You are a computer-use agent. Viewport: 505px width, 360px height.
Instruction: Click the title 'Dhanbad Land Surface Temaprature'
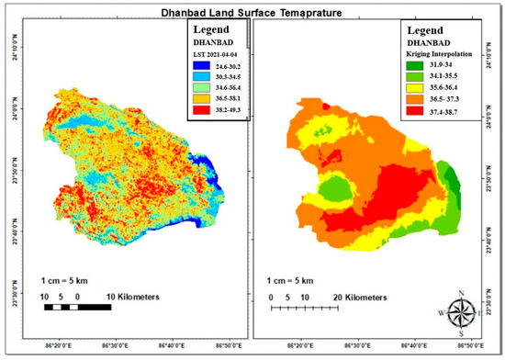[x=252, y=13]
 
